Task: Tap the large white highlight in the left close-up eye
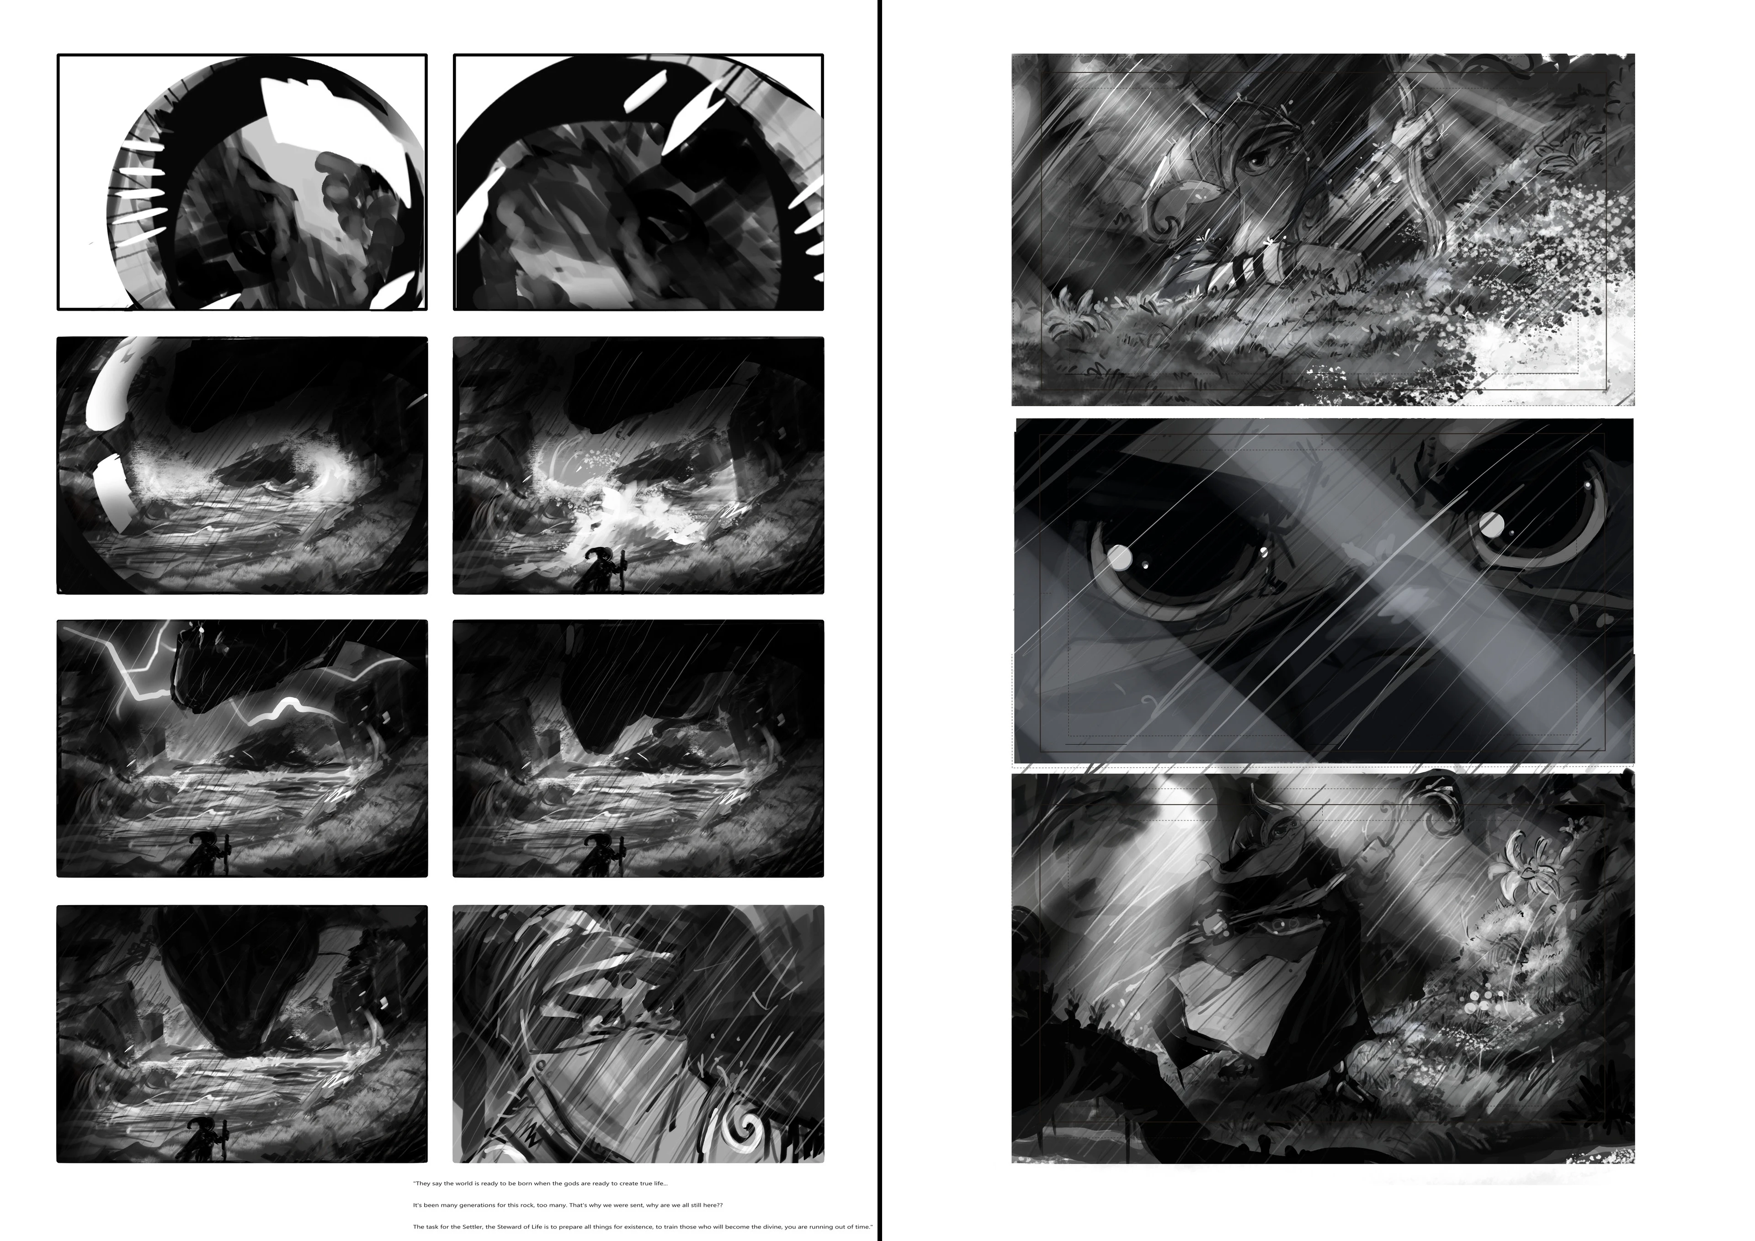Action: pos(1120,558)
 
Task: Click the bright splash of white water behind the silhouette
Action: pos(612,520)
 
